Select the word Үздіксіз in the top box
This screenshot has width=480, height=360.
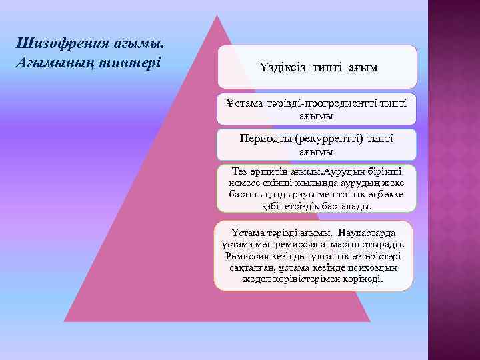point(282,67)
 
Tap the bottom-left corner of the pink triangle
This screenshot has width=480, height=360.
point(65,321)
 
